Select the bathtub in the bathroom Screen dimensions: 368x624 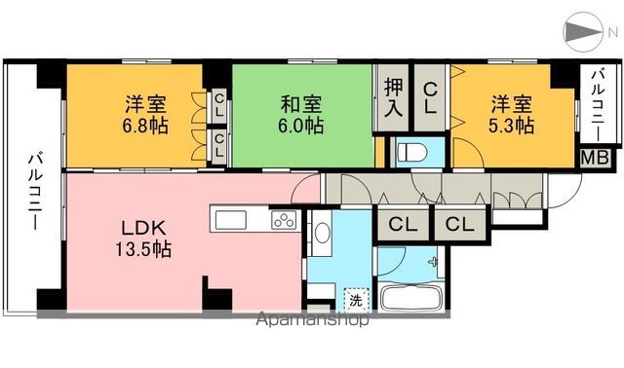409,299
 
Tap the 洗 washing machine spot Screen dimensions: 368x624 357,299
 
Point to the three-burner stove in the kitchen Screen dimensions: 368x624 283,220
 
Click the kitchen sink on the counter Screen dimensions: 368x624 232,218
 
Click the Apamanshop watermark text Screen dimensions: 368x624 311,318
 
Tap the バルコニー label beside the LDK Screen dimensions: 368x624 33,191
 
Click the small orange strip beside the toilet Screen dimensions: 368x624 380,151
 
